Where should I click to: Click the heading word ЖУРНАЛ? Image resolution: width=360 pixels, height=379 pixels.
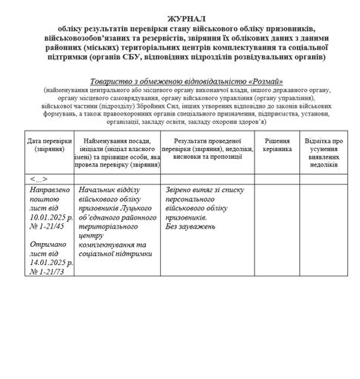click(179, 17)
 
